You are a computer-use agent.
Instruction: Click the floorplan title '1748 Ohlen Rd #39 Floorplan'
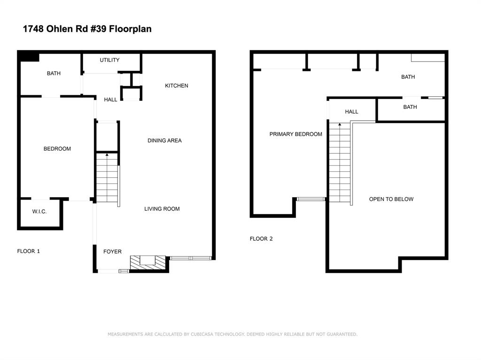pyautogui.click(x=87, y=29)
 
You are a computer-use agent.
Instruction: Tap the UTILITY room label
pyautogui.click(x=109, y=60)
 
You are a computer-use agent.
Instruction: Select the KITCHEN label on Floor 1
pyautogui.click(x=177, y=86)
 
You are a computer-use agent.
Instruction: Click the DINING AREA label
pyautogui.click(x=164, y=141)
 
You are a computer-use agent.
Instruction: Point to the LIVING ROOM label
pyautogui.click(x=162, y=209)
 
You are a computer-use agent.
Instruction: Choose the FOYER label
pyautogui.click(x=112, y=252)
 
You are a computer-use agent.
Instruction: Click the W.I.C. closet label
pyautogui.click(x=39, y=212)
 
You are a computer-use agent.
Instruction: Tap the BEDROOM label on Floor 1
pyautogui.click(x=57, y=149)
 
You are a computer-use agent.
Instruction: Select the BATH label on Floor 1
pyautogui.click(x=54, y=73)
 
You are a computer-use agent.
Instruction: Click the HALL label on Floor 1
pyautogui.click(x=111, y=100)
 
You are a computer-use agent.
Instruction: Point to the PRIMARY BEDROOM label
pyautogui.click(x=296, y=134)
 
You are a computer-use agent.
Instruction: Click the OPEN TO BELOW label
pyautogui.click(x=391, y=199)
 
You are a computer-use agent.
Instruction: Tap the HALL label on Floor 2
pyautogui.click(x=351, y=112)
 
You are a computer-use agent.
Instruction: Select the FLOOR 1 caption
pyautogui.click(x=29, y=251)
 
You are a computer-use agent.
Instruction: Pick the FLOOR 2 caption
pyautogui.click(x=261, y=239)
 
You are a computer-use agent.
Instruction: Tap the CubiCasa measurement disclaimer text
pyautogui.click(x=233, y=334)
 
